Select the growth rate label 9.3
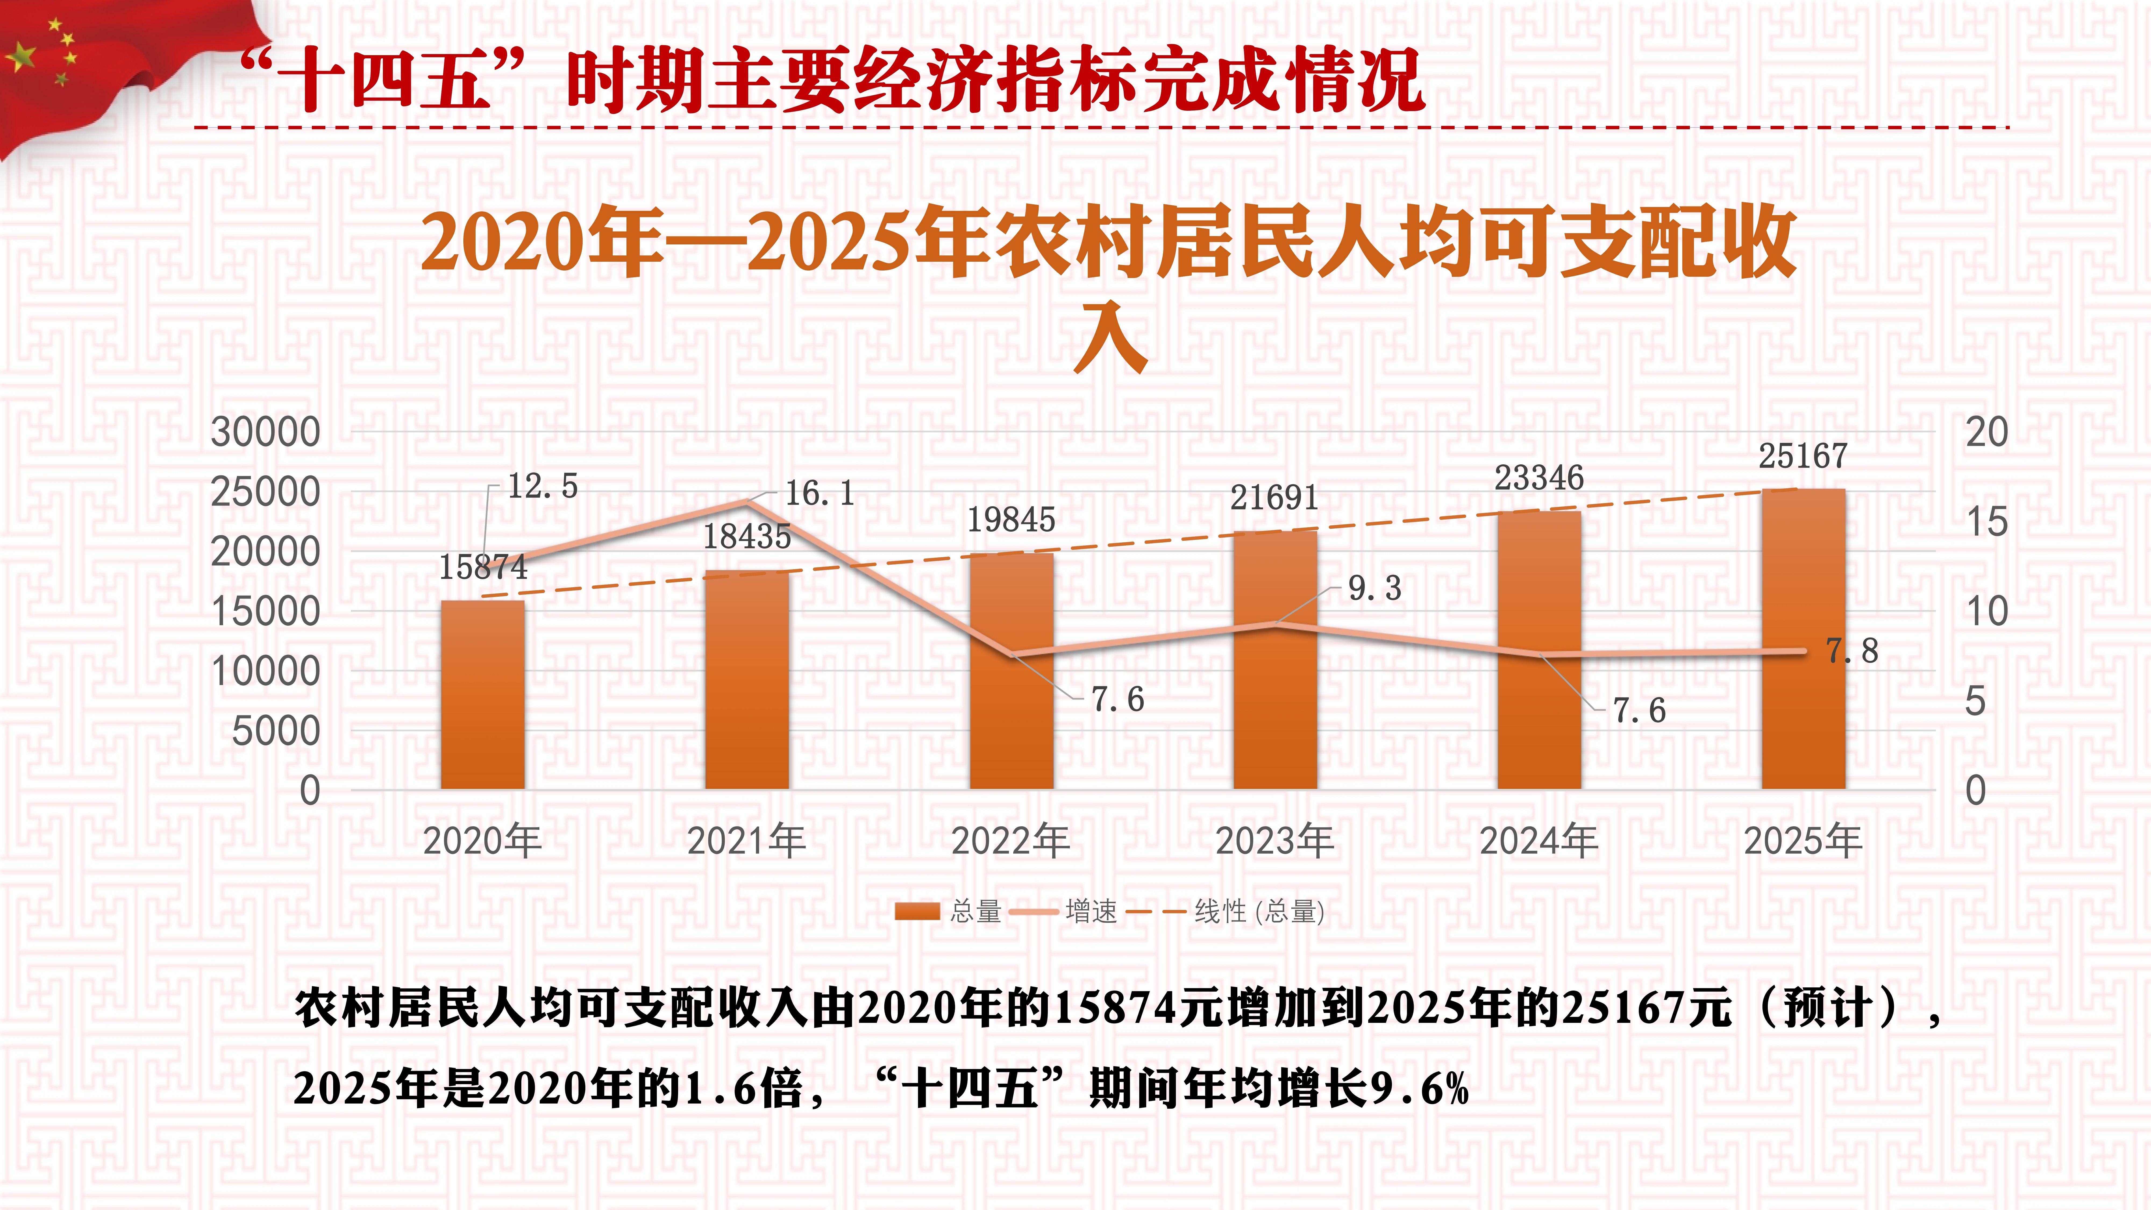point(1374,589)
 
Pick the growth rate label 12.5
point(543,486)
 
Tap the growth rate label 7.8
point(1852,651)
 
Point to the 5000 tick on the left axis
point(276,731)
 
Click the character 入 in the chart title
point(1110,338)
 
